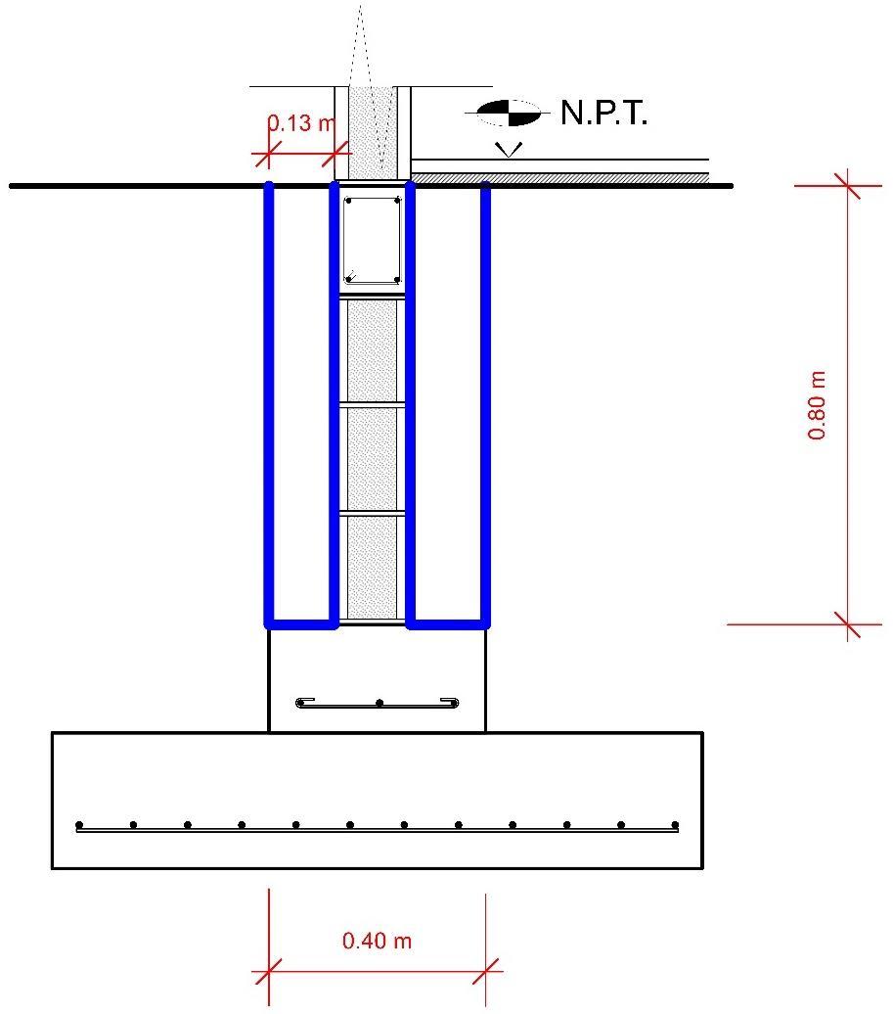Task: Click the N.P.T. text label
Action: tap(604, 115)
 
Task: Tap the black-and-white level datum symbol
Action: tap(508, 114)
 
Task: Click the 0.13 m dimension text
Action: tap(301, 124)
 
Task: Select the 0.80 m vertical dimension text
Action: tap(818, 404)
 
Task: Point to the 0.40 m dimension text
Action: tap(377, 942)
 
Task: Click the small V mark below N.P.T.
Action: tap(509, 150)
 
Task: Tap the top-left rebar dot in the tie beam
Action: tap(348, 203)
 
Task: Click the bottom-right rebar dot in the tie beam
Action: tap(396, 279)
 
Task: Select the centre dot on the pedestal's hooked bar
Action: tap(380, 703)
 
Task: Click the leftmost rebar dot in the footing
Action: tap(80, 824)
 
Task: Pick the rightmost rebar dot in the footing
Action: tap(674, 824)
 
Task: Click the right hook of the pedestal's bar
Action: tap(455, 702)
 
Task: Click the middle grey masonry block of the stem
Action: tap(372, 458)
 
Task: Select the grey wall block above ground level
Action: tap(372, 131)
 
